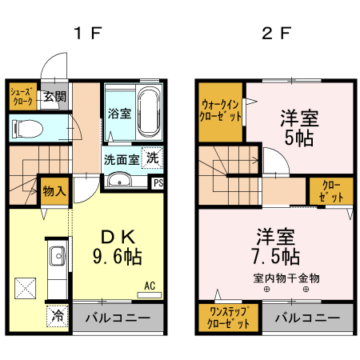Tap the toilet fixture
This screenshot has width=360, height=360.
coord(29,127)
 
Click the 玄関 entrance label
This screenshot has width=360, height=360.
coord(54,98)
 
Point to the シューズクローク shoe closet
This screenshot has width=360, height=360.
coord(22,98)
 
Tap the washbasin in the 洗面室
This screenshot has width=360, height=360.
coord(121,178)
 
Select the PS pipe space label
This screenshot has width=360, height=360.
coord(158,182)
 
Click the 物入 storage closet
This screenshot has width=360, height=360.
coord(54,191)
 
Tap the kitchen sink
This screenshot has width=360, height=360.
coord(58,258)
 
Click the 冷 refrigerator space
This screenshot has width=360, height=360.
coord(57,314)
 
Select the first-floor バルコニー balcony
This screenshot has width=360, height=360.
coord(118,318)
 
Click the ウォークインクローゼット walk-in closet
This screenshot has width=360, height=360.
coord(222,110)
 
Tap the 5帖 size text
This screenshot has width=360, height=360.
coord(299,137)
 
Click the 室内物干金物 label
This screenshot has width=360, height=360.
coord(286,278)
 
